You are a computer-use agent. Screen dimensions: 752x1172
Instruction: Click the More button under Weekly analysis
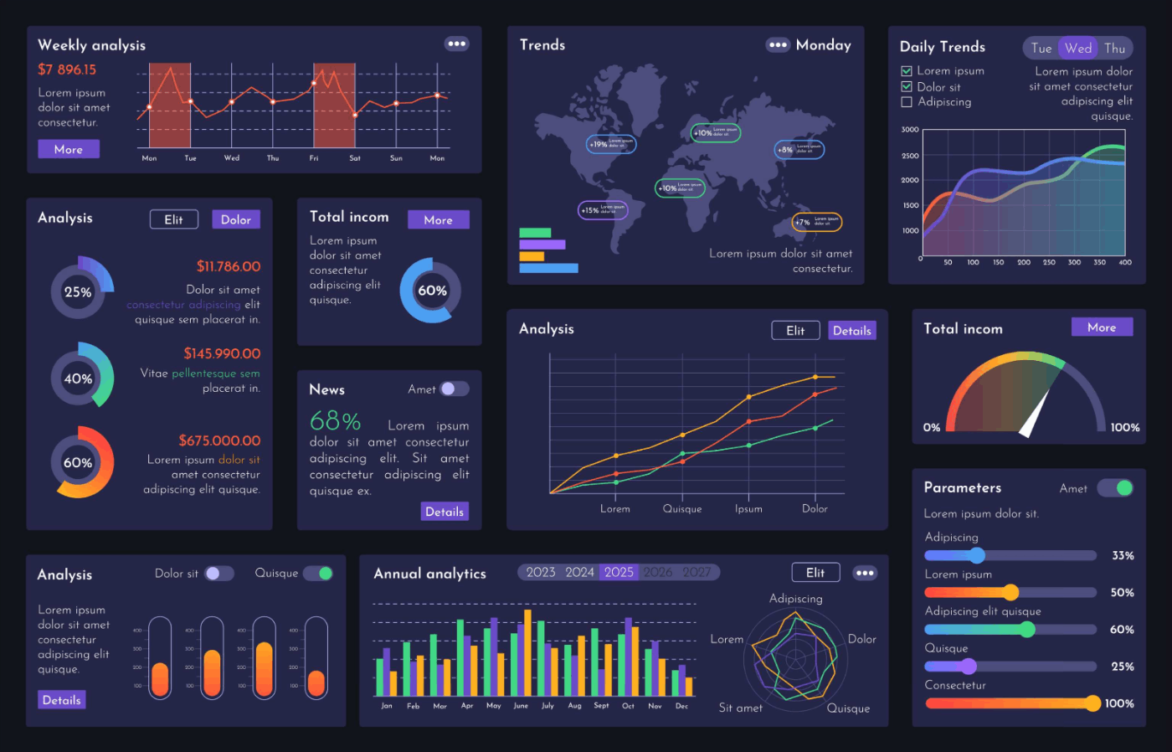pos(69,149)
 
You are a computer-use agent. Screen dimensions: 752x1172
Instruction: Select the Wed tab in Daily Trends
pos(1078,49)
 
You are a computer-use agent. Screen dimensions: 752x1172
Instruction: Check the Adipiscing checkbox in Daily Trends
pos(906,102)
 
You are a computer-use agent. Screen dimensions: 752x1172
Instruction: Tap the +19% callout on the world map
pos(611,144)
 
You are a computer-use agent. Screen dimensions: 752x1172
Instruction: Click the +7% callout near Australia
pos(816,222)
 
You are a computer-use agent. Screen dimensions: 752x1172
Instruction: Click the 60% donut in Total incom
pos(431,291)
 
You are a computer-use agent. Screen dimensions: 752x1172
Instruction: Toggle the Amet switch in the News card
pos(455,389)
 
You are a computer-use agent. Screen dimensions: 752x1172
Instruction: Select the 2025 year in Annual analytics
pos(619,572)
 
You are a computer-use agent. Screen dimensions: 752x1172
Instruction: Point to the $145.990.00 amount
pos(222,353)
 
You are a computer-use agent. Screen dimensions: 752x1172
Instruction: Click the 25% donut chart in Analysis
pos(79,291)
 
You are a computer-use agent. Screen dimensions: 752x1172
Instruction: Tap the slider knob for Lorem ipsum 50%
pos(1010,593)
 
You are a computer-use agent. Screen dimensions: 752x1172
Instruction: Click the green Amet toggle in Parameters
pos(1116,487)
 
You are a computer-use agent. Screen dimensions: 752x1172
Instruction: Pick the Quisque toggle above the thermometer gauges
pos(318,574)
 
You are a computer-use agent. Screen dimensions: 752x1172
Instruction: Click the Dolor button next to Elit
pos(236,219)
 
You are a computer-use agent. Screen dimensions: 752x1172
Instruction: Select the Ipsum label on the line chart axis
pos(748,509)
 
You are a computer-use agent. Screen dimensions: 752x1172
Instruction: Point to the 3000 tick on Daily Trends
pos(910,130)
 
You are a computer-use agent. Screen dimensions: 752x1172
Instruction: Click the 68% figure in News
pos(335,420)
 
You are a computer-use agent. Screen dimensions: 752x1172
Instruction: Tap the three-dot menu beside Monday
pos(778,45)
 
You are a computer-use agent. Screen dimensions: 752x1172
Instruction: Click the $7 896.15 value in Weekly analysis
pos(67,70)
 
